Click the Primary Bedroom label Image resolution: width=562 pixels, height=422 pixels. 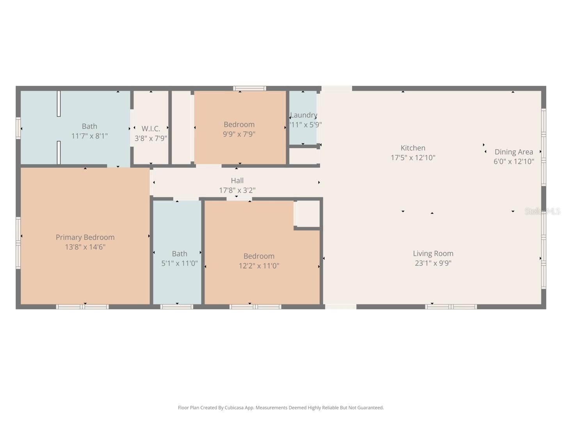85,237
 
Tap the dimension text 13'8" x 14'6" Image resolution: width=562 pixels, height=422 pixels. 85,247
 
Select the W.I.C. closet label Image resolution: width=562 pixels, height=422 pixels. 151,129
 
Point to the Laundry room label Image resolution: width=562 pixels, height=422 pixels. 304,115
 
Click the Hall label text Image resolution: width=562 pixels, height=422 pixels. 237,181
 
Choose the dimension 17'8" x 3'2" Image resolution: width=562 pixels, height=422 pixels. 237,190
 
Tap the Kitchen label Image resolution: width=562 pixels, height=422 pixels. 413,148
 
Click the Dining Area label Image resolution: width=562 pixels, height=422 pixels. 514,152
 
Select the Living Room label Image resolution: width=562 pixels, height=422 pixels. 433,254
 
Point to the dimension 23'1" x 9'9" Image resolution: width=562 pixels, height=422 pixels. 433,263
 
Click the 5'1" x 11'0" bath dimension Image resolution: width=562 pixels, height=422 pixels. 180,263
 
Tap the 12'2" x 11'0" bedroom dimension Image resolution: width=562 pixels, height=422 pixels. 259,266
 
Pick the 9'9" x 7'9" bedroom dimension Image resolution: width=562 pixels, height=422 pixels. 239,134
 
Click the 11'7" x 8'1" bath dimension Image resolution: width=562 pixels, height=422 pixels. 89,136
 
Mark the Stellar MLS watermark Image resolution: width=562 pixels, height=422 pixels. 542,211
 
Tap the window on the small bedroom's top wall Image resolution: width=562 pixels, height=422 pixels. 250,88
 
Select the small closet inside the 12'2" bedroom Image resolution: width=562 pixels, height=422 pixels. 308,213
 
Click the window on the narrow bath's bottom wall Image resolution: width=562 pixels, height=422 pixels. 177,307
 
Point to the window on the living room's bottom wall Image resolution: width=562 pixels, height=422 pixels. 451,307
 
